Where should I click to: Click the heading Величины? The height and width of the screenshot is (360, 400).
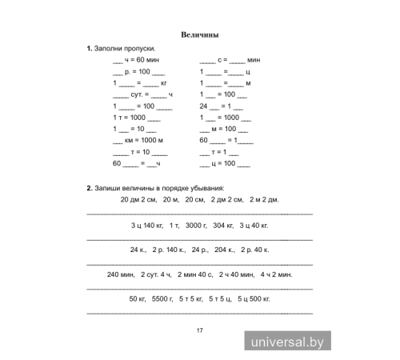click(199, 35)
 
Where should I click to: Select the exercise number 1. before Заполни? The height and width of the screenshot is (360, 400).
click(90, 50)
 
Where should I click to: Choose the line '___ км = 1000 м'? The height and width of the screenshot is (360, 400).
click(138, 140)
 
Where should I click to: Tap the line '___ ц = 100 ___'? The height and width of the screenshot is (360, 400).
click(224, 163)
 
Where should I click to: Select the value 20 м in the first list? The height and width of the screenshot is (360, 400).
click(170, 200)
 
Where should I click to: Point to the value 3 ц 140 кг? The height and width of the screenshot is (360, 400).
click(146, 225)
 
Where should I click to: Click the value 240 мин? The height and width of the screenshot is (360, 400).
click(120, 274)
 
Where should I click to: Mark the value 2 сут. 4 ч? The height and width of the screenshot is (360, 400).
click(156, 274)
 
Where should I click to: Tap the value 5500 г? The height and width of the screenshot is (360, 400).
click(162, 299)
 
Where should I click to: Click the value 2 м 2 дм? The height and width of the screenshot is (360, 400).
click(263, 200)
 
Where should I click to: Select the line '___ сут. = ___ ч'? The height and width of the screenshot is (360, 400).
click(138, 95)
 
